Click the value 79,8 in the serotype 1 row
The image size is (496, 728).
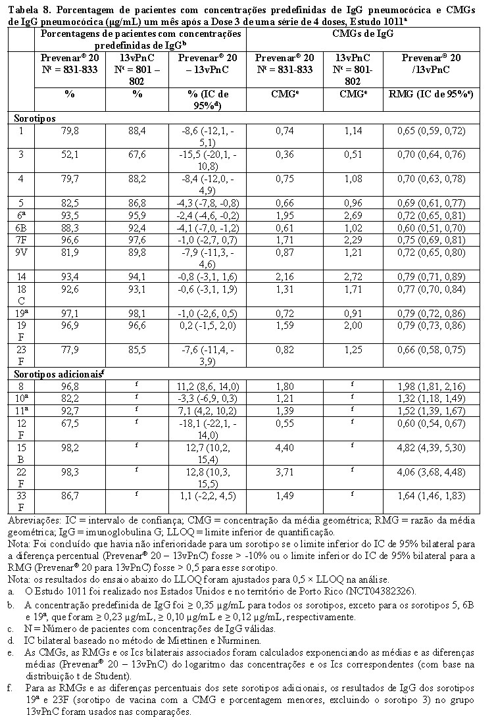click(x=69, y=131)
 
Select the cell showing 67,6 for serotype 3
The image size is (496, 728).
click(x=137, y=155)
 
